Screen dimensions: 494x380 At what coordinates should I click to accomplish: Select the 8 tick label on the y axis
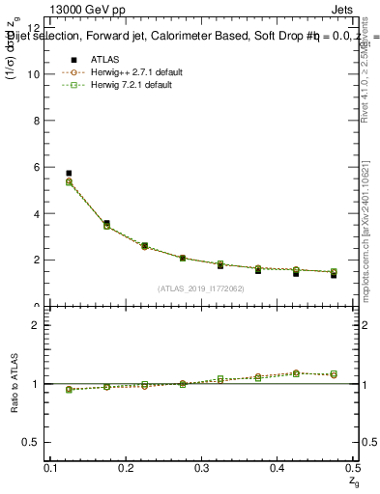[x=37, y=121]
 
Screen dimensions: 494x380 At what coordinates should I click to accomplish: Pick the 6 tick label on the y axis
[x=37, y=167]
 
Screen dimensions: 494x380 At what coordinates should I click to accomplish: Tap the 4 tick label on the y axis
[x=37, y=213]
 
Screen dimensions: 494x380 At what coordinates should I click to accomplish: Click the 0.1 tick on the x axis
[x=53, y=467]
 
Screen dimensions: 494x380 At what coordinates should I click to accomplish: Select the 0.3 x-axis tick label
[x=201, y=467]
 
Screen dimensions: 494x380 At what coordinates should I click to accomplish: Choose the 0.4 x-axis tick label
[x=278, y=467]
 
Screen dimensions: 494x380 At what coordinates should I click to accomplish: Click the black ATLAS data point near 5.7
[x=69, y=174]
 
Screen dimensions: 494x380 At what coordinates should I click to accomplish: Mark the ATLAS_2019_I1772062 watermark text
[x=200, y=288]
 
